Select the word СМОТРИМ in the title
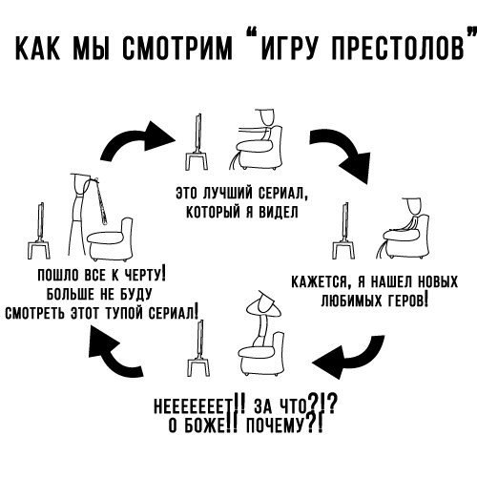click(177, 48)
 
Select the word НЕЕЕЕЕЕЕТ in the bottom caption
click(194, 407)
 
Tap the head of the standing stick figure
click(79, 183)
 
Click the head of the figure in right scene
click(413, 206)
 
